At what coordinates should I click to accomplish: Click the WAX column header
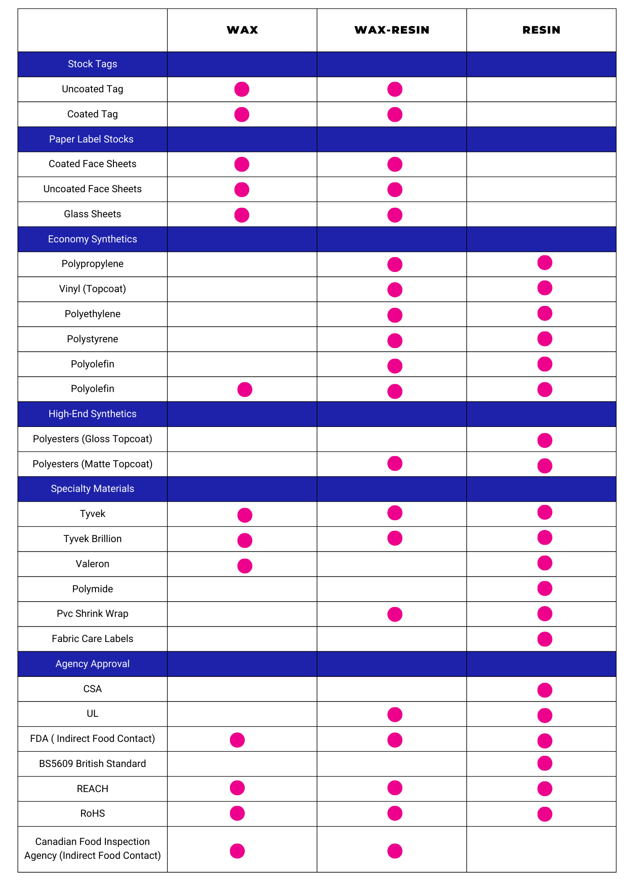point(242,30)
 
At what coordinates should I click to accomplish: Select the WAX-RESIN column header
point(392,30)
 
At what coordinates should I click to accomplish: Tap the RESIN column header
point(541,30)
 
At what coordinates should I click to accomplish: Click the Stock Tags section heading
point(92,64)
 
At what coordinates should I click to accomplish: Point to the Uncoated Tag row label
point(92,89)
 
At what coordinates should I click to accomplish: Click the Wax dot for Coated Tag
point(242,115)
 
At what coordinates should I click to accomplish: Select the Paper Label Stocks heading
point(91,139)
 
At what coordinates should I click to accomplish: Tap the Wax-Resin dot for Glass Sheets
point(395,215)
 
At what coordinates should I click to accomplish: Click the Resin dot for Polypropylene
point(545,263)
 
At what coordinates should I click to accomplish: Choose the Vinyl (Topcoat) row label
point(92,289)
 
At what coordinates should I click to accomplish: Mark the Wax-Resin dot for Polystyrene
point(395,340)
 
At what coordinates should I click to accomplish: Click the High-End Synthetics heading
point(92,414)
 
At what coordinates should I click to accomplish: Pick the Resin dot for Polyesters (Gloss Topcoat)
point(545,440)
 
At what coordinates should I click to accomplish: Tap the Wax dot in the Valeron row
point(245,566)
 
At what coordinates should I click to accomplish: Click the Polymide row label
point(92,589)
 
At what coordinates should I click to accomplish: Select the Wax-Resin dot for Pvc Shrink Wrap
point(395,614)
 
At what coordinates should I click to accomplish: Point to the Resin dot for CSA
point(545,690)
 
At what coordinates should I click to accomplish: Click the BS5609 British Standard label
point(92,764)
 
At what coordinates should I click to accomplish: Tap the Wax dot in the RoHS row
point(237,813)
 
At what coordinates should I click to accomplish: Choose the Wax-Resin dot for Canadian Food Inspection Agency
point(395,851)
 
